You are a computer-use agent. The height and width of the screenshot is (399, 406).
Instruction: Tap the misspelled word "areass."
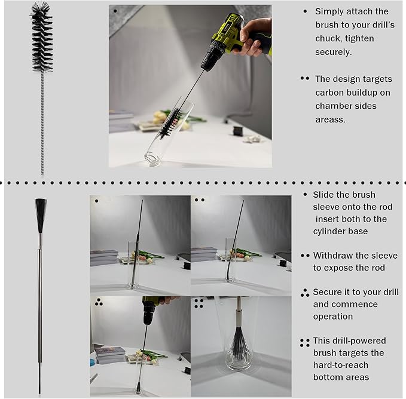tap(330, 119)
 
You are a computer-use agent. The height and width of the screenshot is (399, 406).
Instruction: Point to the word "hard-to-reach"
tap(341, 365)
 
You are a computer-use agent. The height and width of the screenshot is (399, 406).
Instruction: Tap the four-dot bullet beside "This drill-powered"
tap(305, 343)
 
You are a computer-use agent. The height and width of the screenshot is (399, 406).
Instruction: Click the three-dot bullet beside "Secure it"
tap(305, 293)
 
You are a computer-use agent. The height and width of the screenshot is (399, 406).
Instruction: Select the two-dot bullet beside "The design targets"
tap(305, 78)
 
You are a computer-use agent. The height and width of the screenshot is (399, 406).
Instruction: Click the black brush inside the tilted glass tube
tap(170, 124)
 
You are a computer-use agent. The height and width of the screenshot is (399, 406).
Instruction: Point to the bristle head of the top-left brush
tap(42, 36)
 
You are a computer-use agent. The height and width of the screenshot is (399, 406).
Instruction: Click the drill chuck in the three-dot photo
tap(149, 312)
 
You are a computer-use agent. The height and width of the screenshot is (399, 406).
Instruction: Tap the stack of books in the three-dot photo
tap(110, 355)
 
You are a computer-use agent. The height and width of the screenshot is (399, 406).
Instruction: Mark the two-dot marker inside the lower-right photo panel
tap(199, 200)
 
